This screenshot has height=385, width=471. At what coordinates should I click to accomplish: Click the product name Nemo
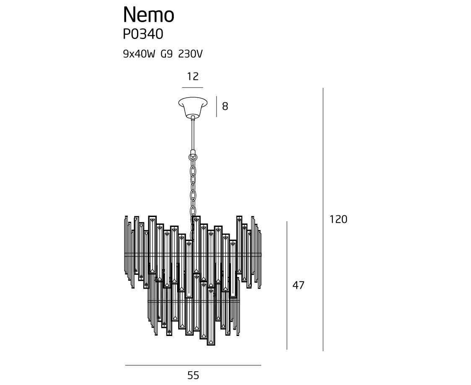(x=148, y=15)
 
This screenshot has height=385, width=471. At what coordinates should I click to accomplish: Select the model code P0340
(x=143, y=34)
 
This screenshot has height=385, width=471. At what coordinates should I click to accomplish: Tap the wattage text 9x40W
(x=139, y=54)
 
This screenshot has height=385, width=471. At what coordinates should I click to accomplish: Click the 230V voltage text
(x=191, y=54)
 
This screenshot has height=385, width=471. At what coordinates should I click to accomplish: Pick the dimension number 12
(x=193, y=77)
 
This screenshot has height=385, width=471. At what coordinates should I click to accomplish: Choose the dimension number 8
(x=225, y=106)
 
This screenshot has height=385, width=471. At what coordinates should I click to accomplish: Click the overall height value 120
(x=338, y=219)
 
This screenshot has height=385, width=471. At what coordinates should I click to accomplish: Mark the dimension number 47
(x=298, y=286)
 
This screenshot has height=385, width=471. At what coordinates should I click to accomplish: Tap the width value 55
(x=193, y=375)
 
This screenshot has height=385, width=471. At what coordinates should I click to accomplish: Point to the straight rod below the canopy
(x=193, y=134)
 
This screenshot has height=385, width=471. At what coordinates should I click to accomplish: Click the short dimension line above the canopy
(x=193, y=88)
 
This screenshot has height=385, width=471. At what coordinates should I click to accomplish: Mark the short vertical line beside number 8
(x=216, y=106)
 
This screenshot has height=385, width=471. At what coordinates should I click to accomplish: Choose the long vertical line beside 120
(x=323, y=219)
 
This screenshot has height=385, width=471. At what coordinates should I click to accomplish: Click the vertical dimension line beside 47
(x=287, y=285)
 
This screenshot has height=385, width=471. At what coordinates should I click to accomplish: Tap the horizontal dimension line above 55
(x=193, y=365)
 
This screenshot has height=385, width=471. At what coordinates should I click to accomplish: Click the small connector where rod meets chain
(x=193, y=153)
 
